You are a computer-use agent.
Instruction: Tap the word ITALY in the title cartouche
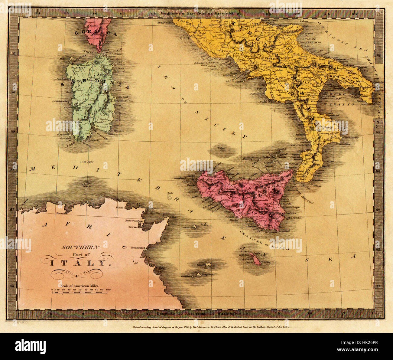78,263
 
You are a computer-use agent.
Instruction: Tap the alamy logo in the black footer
30,345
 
